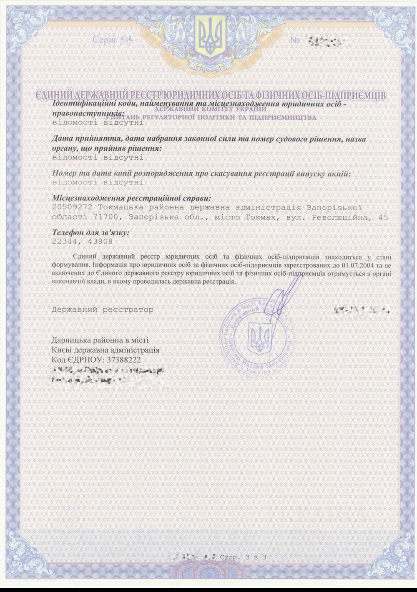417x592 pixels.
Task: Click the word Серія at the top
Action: tap(104, 40)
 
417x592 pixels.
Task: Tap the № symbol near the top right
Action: tap(295, 40)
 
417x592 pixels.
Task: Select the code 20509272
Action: tap(72, 207)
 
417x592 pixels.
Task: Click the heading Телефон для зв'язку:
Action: tap(90, 232)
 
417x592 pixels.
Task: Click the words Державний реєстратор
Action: tap(103, 310)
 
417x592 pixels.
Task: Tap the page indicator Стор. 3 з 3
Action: tap(243, 557)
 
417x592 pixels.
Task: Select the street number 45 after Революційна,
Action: tap(383, 217)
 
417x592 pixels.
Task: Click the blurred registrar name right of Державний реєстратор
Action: tap(362, 310)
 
